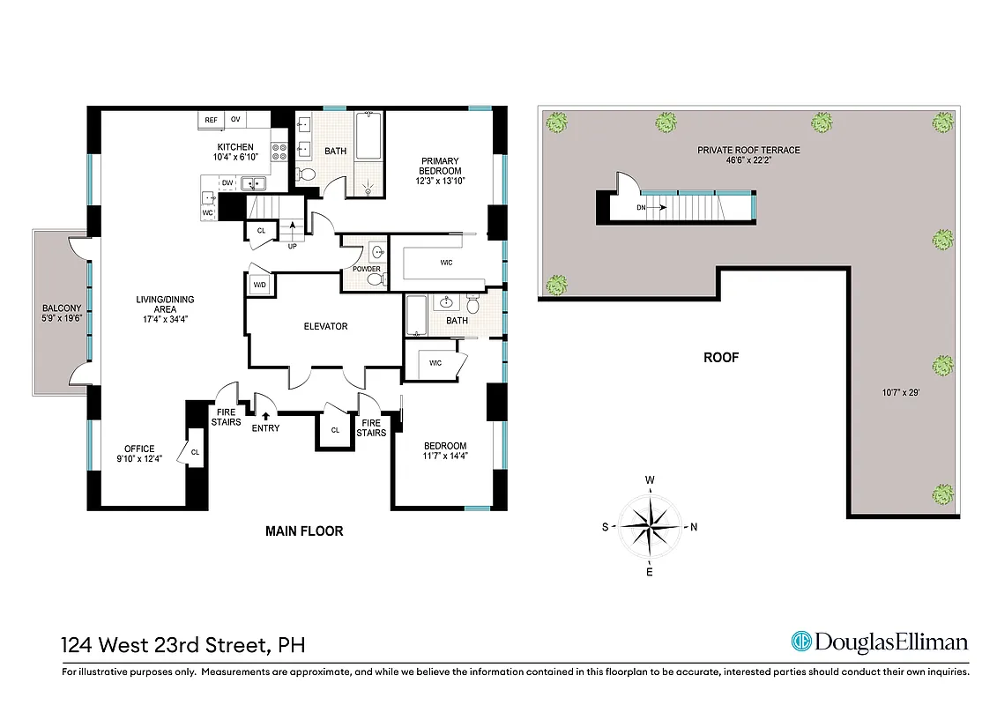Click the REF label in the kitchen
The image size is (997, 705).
pyautogui.click(x=212, y=119)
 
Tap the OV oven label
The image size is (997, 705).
pyautogui.click(x=235, y=119)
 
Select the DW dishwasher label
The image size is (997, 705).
pyautogui.click(x=227, y=183)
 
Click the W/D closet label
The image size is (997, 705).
pyautogui.click(x=260, y=285)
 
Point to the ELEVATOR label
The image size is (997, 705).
pyautogui.click(x=325, y=326)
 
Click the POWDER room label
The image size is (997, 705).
pyautogui.click(x=366, y=269)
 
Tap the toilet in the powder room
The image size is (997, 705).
pyautogui.click(x=376, y=279)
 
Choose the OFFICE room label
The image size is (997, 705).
pyautogui.click(x=139, y=449)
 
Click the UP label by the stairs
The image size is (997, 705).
pyautogui.click(x=292, y=246)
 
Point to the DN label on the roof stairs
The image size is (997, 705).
pyautogui.click(x=642, y=209)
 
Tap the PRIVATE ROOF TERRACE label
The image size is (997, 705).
pyautogui.click(x=748, y=150)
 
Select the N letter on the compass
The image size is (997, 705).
pyautogui.click(x=694, y=528)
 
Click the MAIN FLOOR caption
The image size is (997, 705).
pyautogui.click(x=304, y=531)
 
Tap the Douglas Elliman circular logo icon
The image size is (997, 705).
pyautogui.click(x=801, y=642)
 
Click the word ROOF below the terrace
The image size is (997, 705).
pyautogui.click(x=720, y=358)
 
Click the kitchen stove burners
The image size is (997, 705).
pyautogui.click(x=280, y=152)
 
